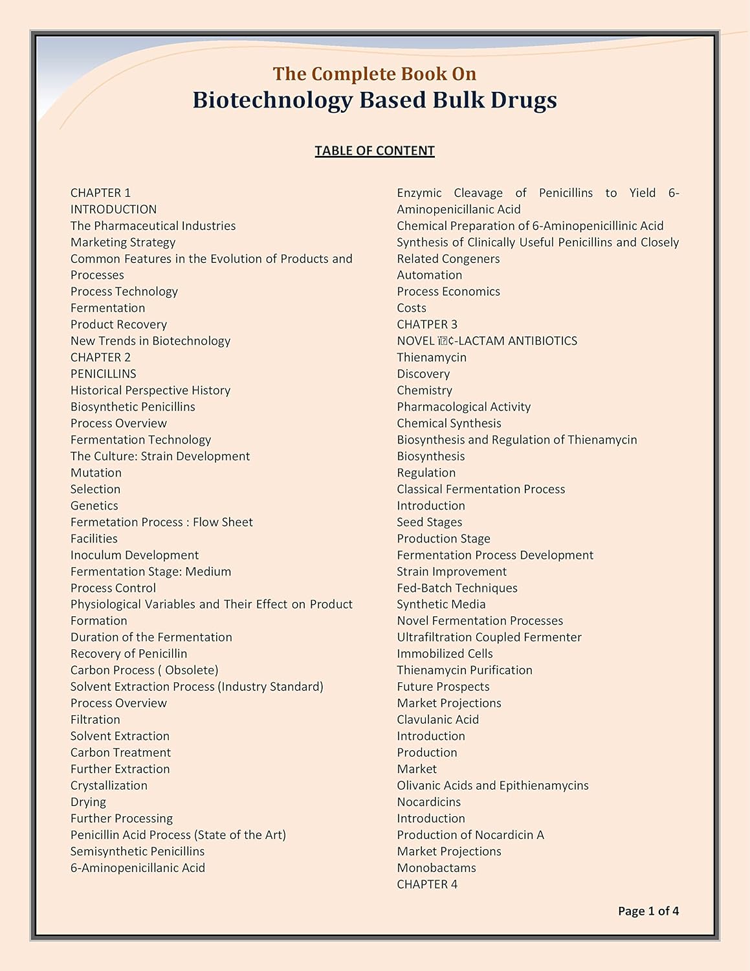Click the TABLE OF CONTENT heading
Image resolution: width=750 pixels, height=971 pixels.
[x=374, y=151]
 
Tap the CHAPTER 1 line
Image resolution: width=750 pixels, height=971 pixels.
[x=100, y=193]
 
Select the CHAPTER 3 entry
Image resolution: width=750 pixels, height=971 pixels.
[x=426, y=324]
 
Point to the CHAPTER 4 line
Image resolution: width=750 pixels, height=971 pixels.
[x=426, y=884]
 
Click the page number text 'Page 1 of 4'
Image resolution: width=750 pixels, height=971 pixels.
[x=648, y=911]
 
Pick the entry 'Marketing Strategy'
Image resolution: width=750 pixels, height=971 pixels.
[x=123, y=242]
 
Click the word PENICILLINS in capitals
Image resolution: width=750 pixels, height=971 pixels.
[x=103, y=374]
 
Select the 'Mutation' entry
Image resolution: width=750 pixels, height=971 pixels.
[x=96, y=473]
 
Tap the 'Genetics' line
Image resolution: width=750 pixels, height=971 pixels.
[x=94, y=506]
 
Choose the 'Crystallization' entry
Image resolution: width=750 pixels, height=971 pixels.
[x=109, y=785]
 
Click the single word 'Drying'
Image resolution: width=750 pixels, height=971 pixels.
[x=88, y=802]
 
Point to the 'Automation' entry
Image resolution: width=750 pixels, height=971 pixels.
[x=429, y=275]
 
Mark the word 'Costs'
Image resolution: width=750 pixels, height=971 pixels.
[x=412, y=308]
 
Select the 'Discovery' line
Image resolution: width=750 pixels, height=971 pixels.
[x=423, y=374]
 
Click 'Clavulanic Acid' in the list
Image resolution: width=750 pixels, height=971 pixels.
[x=437, y=720]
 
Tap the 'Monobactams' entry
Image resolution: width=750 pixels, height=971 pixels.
[x=436, y=868]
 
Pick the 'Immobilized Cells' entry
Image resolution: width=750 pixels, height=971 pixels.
[x=445, y=654]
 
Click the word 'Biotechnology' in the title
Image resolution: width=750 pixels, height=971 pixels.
[x=272, y=100]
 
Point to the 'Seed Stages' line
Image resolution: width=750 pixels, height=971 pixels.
[x=429, y=522]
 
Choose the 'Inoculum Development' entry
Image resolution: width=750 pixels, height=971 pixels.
[x=135, y=555]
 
